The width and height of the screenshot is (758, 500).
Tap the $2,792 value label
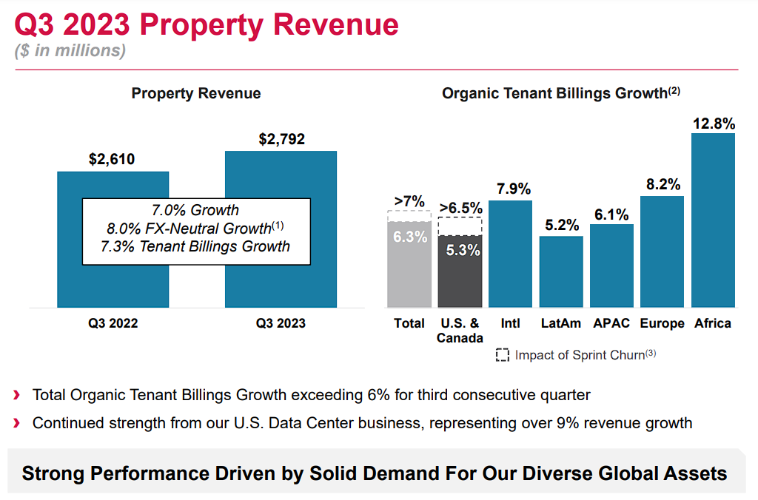(x=281, y=139)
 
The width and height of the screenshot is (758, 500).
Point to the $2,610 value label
(x=113, y=159)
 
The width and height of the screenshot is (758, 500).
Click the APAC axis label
(x=611, y=323)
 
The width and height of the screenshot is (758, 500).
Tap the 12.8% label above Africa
(x=714, y=122)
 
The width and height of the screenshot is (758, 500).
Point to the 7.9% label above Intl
(x=511, y=189)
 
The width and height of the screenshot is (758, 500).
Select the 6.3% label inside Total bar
(x=409, y=237)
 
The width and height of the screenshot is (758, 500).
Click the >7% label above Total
(x=409, y=201)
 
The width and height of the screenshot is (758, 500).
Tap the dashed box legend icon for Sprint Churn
(x=503, y=355)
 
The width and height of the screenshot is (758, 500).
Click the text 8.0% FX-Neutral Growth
(x=188, y=229)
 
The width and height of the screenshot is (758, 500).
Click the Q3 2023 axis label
(x=281, y=323)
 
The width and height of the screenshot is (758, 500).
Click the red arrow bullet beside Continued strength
(x=17, y=424)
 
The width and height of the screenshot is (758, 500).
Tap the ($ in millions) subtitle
(x=70, y=51)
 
